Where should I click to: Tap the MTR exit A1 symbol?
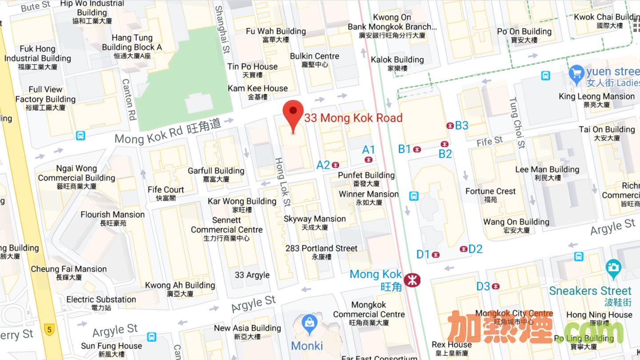click(x=368, y=160)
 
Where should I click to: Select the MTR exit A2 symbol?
click(x=336, y=165)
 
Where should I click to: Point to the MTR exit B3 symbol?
click(x=450, y=126)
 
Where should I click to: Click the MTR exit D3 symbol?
click(x=496, y=287)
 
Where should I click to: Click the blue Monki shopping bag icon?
click(x=309, y=325)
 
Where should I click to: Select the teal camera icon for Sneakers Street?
click(x=613, y=268)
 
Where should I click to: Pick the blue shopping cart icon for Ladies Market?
click(x=576, y=74)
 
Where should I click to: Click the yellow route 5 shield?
click(x=49, y=330)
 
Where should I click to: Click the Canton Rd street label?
click(x=129, y=100)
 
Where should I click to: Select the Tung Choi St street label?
click(x=517, y=123)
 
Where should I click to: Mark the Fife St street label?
click(x=489, y=142)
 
